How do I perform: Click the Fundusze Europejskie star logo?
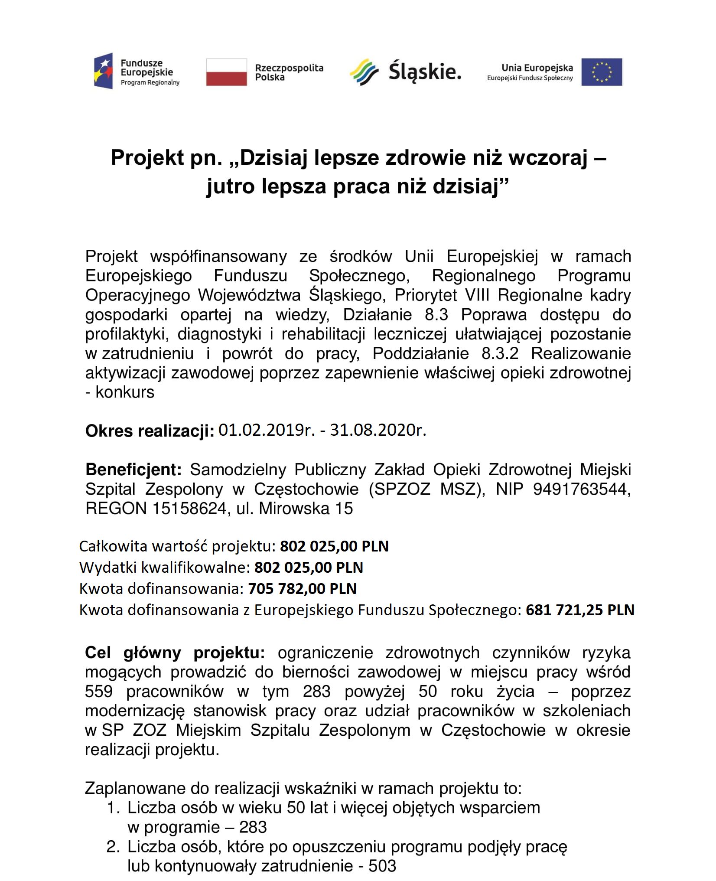click(x=104, y=71)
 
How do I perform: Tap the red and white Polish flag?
click(x=226, y=72)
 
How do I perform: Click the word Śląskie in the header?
click(x=425, y=72)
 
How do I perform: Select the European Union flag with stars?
click(x=601, y=72)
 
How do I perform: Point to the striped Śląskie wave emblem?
click(x=364, y=72)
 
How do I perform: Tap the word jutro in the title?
click(x=230, y=186)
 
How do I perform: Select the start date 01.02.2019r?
click(x=266, y=430)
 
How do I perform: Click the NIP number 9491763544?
click(x=581, y=489)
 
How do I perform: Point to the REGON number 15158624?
click(x=189, y=509)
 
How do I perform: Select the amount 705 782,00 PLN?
click(x=302, y=589)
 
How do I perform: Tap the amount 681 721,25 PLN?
click(x=579, y=610)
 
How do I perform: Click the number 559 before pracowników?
click(x=99, y=692)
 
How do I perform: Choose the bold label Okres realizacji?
click(x=150, y=431)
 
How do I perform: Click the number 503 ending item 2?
click(x=382, y=866)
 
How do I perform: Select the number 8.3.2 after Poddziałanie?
click(x=500, y=353)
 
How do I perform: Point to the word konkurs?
click(x=125, y=392)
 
